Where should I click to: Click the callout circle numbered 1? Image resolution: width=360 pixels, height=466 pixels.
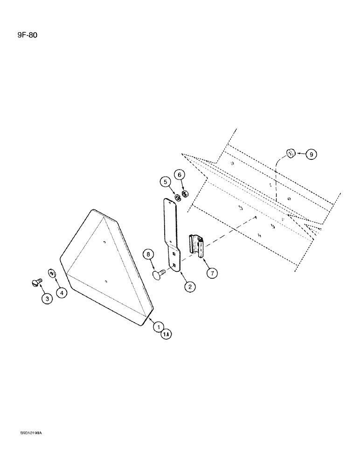pos(159,327)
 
